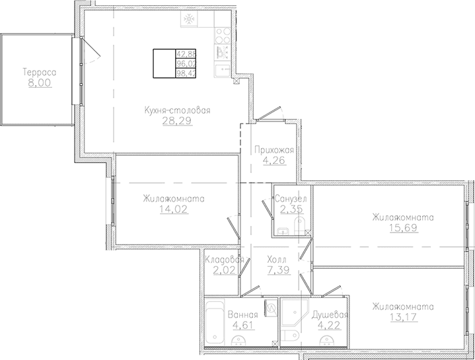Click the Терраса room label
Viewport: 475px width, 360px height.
click(40, 73)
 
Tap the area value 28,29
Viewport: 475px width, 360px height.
click(177, 121)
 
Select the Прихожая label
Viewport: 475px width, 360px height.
click(274, 150)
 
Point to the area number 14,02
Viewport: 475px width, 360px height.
click(174, 209)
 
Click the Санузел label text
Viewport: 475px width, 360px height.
click(291, 199)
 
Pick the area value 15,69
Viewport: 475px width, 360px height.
click(404, 228)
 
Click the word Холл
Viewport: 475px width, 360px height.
click(277, 260)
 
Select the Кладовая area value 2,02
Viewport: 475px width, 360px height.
click(224, 270)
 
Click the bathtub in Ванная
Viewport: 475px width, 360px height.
click(215, 322)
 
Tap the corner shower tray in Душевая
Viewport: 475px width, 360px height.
click(295, 314)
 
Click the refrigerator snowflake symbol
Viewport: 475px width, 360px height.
click(190, 20)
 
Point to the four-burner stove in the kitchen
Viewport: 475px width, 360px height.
click(223, 36)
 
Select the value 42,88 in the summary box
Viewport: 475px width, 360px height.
click(186, 54)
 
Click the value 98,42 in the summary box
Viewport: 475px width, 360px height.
click(186, 73)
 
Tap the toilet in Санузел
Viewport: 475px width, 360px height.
click(300, 225)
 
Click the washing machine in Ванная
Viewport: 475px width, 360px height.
click(271, 308)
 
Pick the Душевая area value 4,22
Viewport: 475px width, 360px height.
click(329, 326)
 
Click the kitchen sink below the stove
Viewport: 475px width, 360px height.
click(223, 70)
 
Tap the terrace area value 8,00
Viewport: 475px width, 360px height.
click(40, 83)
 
